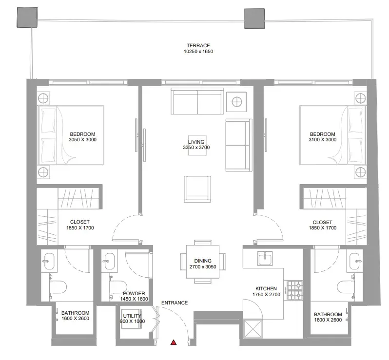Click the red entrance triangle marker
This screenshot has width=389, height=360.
[174, 342]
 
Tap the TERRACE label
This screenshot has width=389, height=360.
[198, 45]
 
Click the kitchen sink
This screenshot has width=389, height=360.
[265, 258]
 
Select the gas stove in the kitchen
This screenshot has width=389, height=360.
[293, 290]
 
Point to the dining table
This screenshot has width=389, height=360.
[203, 262]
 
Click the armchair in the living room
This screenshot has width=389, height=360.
[197, 189]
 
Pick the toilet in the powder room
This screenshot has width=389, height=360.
[118, 287]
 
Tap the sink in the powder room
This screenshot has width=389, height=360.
[109, 261]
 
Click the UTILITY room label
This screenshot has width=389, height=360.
[132, 316]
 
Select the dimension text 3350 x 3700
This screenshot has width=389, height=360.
[196, 147]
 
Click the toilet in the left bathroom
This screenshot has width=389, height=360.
[58, 287]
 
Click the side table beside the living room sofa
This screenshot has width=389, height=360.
[236, 102]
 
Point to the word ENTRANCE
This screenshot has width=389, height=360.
[175, 303]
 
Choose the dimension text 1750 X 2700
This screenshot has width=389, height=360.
[266, 294]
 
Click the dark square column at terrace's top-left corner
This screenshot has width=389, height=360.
[27, 17]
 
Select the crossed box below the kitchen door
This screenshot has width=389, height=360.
[253, 328]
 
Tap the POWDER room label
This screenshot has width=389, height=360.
[134, 293]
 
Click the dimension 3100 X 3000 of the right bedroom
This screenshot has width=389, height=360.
[323, 139]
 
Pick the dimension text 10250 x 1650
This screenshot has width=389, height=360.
[198, 51]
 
